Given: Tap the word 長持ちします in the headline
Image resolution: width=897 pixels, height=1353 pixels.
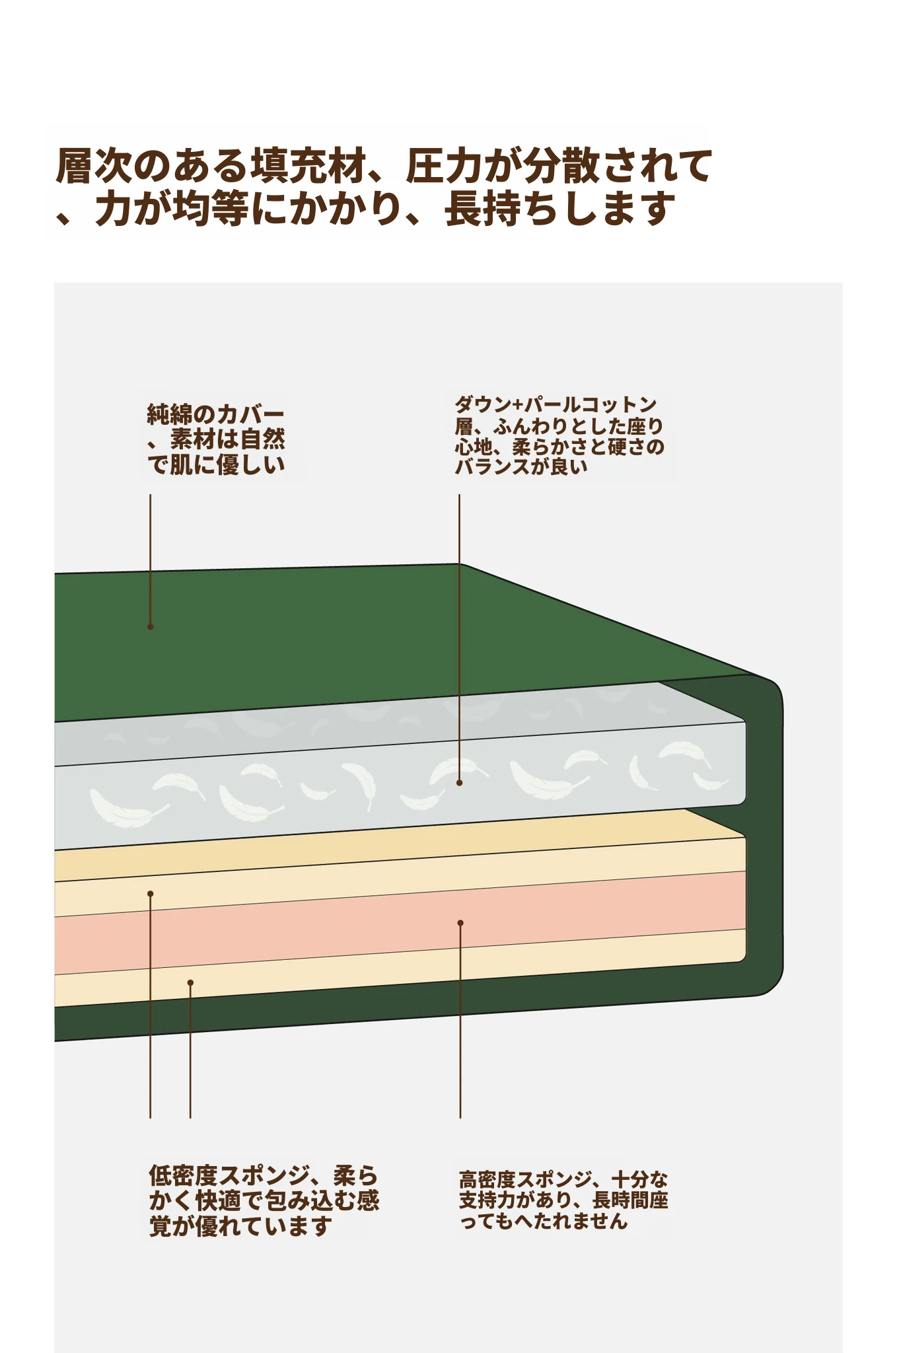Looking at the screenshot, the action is coord(560,209).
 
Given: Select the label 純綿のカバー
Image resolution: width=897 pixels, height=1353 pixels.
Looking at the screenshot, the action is coord(215,415).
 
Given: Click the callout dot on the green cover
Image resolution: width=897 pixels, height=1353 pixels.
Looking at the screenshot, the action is coord(150,626).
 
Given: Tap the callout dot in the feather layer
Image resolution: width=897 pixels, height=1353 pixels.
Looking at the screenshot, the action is coord(459,782).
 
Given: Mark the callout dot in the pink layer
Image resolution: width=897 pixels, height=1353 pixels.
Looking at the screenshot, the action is coord(460,923).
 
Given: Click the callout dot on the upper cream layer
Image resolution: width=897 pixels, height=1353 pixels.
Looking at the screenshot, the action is coord(151,894).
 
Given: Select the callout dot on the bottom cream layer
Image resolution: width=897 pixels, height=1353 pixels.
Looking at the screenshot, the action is coord(190,982).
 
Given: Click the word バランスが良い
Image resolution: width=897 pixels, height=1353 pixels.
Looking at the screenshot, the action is coord(520,466).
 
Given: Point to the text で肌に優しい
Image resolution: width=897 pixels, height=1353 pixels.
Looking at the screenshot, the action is coord(215,464).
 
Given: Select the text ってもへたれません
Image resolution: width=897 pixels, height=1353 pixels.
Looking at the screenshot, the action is coord(543,1221).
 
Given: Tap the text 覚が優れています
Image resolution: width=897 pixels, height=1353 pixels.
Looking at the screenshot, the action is coord(240,1225).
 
